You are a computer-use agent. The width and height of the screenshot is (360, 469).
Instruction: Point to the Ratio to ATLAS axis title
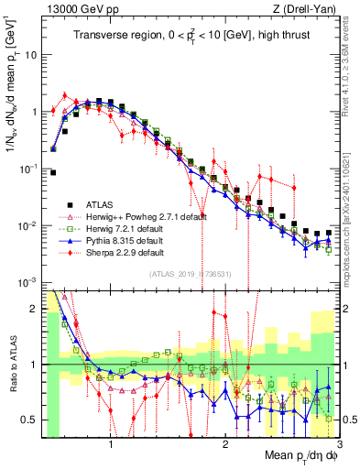[x=12, y=364]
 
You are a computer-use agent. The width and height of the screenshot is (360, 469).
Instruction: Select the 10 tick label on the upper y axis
[x=31, y=54]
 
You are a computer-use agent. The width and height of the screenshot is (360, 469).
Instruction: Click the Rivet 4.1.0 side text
[x=351, y=69]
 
